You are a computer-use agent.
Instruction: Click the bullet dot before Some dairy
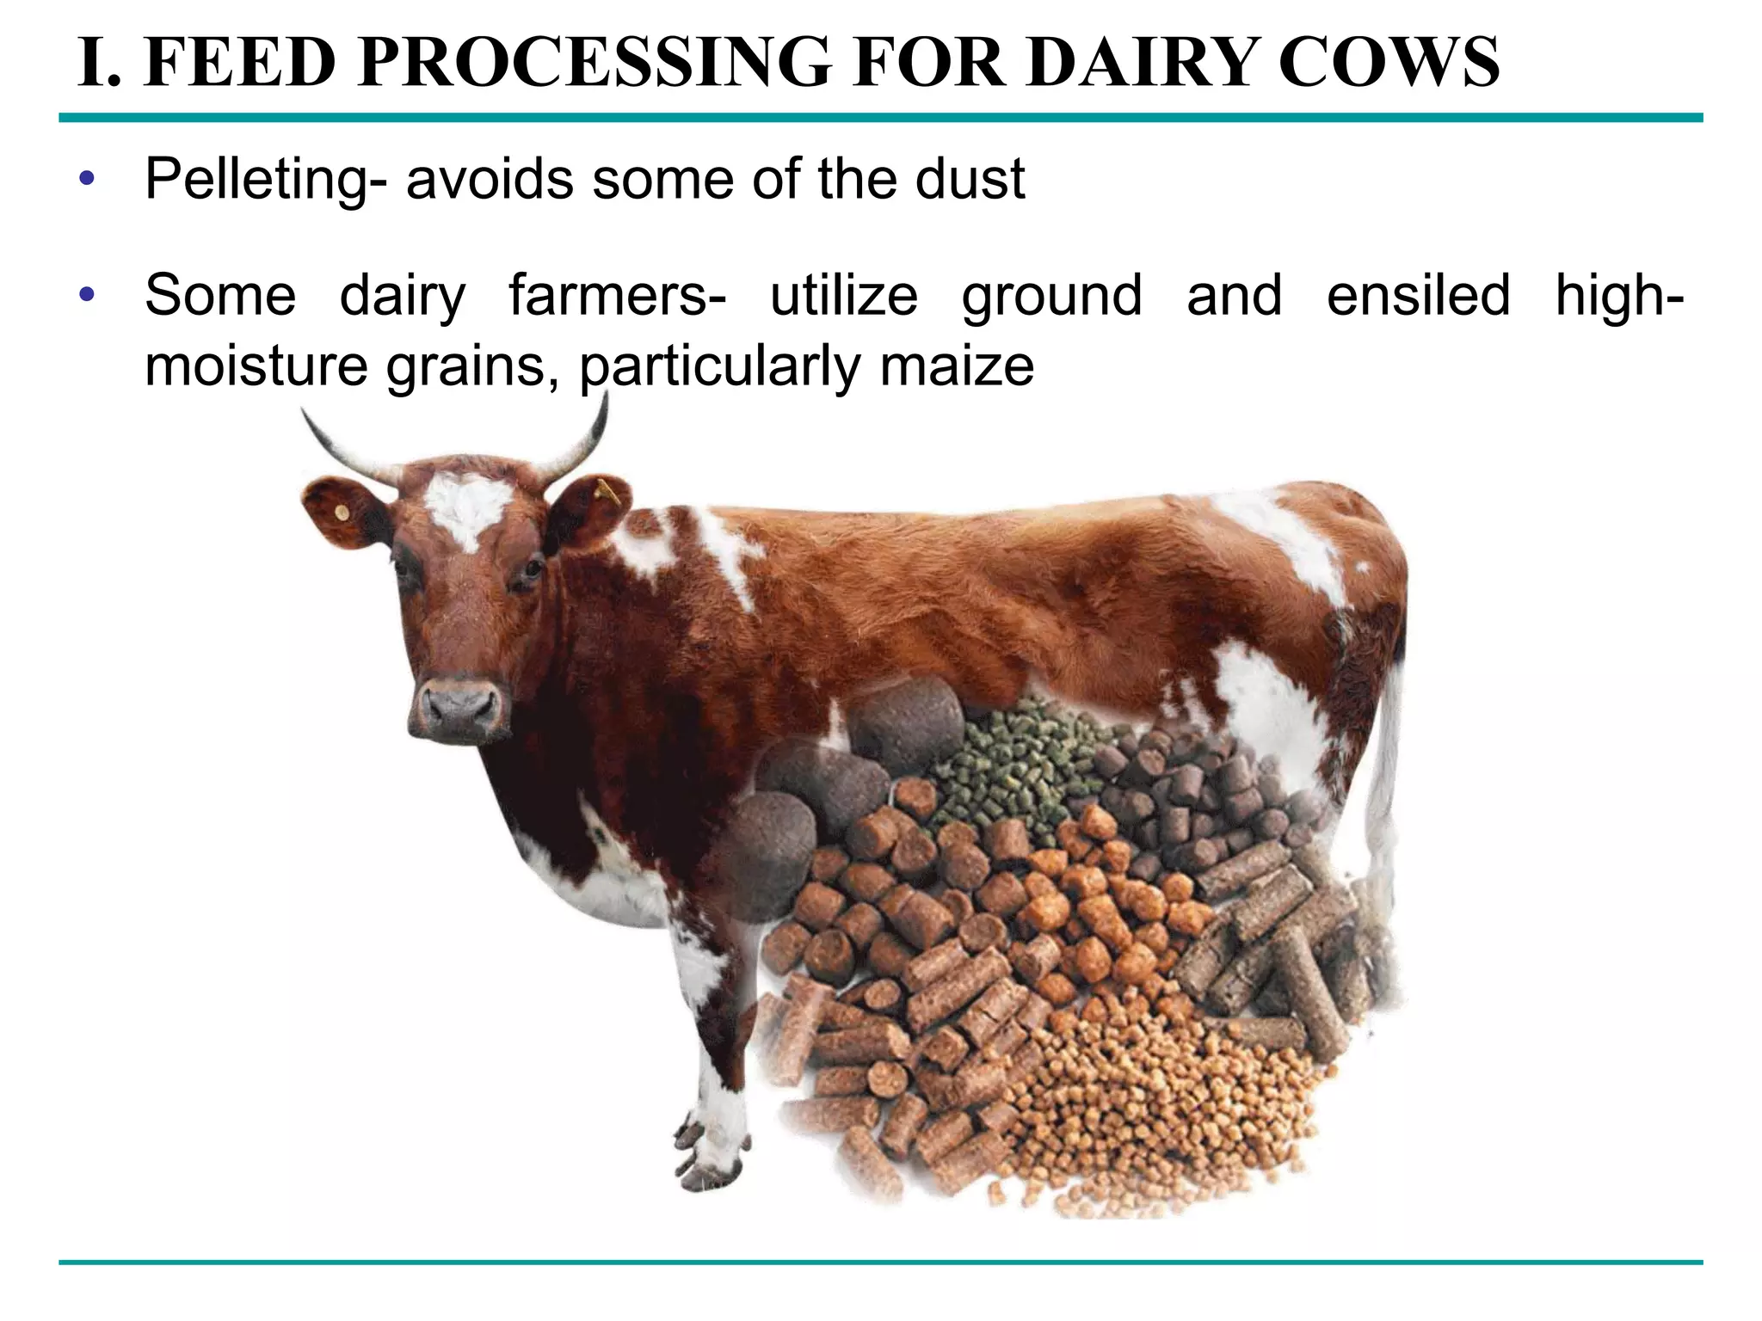pos(85,296)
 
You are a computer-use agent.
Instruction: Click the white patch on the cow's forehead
pos(465,507)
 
